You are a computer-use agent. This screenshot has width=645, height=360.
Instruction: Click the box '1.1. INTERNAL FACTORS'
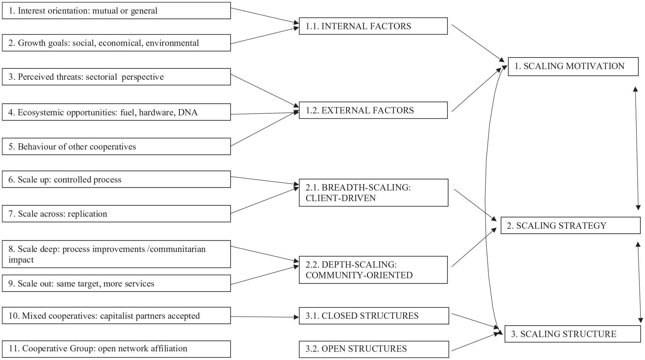coord(373,26)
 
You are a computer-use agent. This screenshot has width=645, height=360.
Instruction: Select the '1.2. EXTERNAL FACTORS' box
coord(373,110)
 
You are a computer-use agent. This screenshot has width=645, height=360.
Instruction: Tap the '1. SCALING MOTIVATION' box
coord(573,66)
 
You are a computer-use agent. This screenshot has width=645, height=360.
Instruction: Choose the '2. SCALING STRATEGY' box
coord(570,226)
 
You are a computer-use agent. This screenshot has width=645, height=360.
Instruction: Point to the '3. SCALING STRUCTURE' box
coord(573,334)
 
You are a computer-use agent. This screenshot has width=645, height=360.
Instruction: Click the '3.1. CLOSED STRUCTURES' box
coord(374,316)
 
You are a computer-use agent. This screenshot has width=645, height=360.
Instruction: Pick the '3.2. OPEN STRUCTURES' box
coord(374,349)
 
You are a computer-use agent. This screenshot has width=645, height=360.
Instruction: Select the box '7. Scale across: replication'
coord(116,214)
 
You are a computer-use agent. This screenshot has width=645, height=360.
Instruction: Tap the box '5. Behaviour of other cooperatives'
coord(116,147)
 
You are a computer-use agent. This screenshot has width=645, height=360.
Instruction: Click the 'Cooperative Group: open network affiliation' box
coord(116,349)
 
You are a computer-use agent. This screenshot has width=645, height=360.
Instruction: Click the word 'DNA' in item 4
coord(188,112)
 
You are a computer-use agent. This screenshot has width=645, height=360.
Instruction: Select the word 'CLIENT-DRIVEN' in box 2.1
coord(341,198)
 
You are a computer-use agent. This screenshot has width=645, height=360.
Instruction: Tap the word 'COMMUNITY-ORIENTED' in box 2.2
coord(359,275)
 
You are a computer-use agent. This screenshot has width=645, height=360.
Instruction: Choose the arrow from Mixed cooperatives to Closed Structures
coord(265,317)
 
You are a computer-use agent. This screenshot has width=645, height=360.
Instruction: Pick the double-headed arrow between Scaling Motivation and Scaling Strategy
coord(637,148)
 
